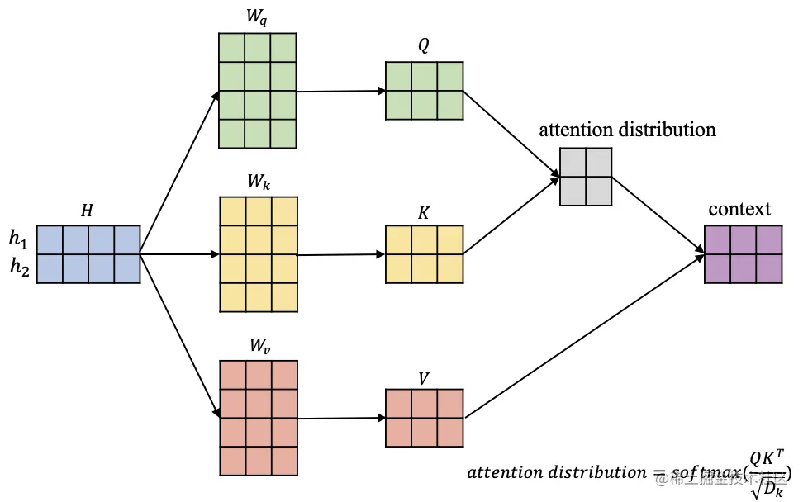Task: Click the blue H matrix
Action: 88,254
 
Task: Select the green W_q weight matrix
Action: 257,90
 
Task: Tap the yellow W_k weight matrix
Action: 257,253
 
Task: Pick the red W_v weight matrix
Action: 257,418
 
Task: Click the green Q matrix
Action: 424,90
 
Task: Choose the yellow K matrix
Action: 424,254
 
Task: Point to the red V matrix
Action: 424,418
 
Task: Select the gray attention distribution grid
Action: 586,176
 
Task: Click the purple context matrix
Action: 744,254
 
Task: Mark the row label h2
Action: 18,268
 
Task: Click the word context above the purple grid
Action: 739,209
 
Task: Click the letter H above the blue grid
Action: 87,211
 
